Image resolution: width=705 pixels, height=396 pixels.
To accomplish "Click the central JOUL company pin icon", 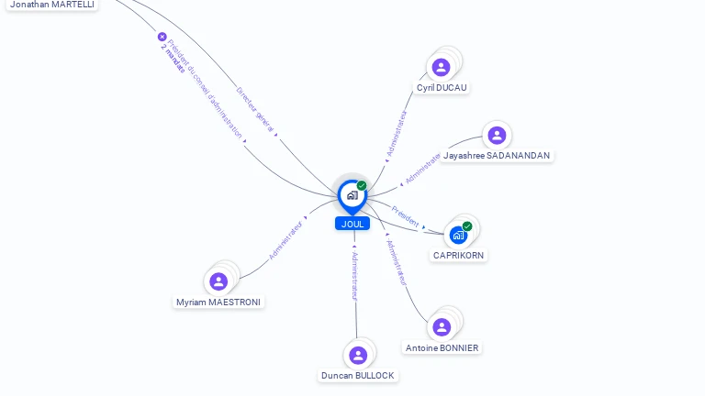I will coord(352,194).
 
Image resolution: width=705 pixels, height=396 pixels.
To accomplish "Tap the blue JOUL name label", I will coord(352,224).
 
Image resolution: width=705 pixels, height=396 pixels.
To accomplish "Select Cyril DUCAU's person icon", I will coord(442,67).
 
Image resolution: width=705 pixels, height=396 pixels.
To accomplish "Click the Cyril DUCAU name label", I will coord(442,88).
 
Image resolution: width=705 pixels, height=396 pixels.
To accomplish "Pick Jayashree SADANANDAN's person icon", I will coord(497,136).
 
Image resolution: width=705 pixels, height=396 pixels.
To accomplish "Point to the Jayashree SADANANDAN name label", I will coord(497,156).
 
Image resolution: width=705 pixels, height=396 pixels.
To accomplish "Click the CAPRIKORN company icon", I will coord(458,235).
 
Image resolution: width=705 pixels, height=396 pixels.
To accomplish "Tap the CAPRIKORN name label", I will coord(459,256).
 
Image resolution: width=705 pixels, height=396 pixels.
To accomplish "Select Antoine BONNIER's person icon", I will coord(442,327).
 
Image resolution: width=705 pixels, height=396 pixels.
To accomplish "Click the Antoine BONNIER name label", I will coord(442,348).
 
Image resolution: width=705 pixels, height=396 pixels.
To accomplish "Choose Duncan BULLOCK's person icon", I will coord(358,355).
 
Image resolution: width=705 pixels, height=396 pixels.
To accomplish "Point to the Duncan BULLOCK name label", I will coord(358,376).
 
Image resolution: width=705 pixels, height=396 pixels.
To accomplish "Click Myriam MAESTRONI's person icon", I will coord(218,281).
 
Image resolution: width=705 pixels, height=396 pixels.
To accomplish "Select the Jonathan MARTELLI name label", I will coord(52,5).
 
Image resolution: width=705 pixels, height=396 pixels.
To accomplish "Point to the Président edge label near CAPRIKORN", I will coord(405,216).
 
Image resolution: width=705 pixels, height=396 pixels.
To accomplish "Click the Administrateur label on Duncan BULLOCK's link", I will coord(355,275).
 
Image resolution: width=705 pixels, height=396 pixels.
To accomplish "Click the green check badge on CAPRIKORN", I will coord(467,226).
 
